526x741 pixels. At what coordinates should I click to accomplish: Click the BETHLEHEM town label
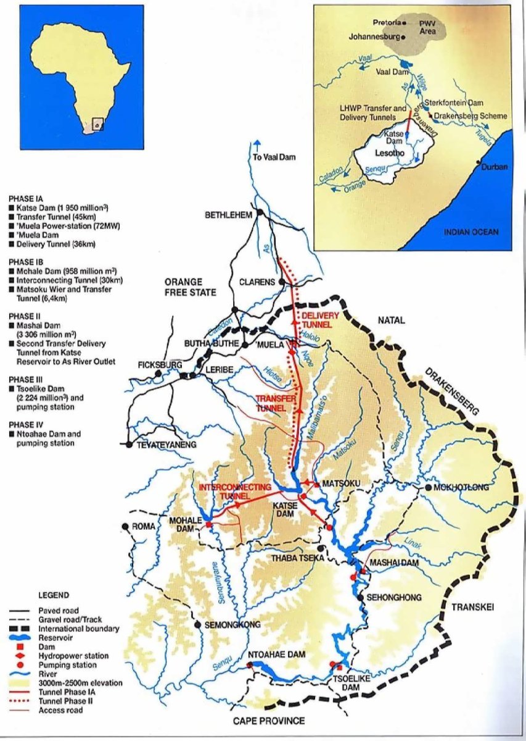tap(229, 214)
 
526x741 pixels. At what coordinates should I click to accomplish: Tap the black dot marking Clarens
tap(282, 282)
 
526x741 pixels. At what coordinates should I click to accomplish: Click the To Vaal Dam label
tap(274, 157)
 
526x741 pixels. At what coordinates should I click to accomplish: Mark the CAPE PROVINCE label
tap(269, 721)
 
